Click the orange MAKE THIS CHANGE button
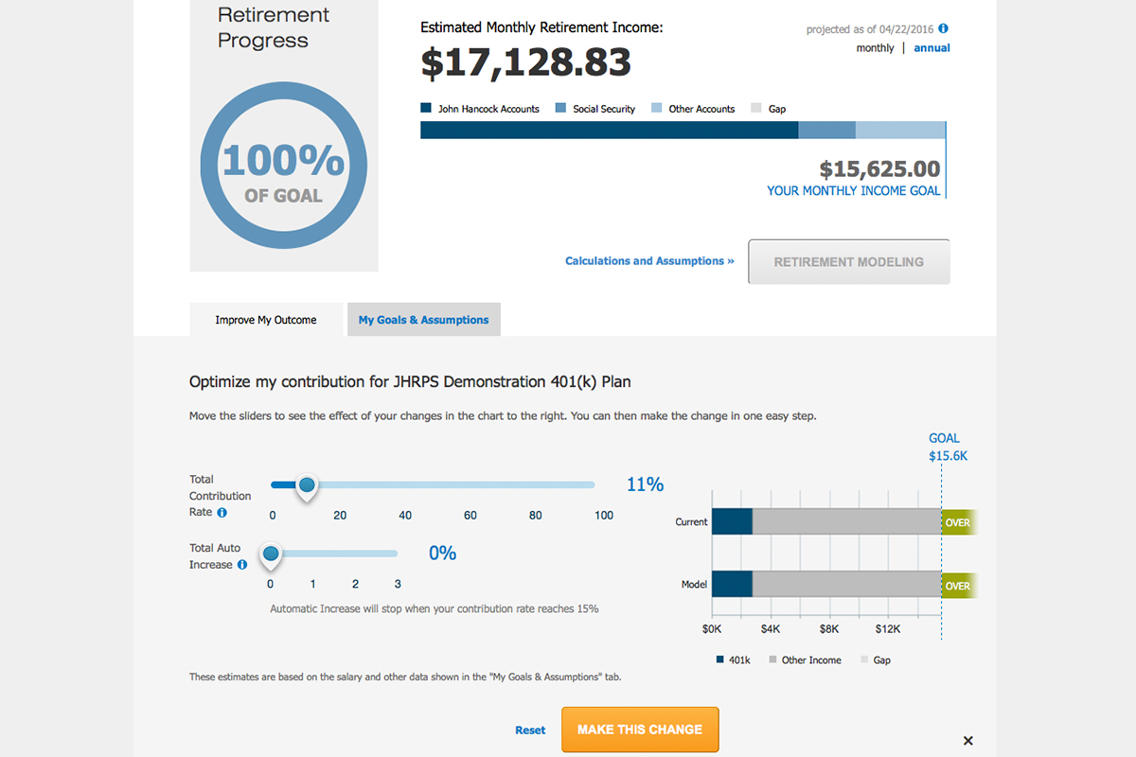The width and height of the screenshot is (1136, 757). (640, 730)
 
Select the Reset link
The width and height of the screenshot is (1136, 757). (530, 730)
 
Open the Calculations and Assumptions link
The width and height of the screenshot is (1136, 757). (649, 261)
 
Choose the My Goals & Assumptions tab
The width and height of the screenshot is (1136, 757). (423, 320)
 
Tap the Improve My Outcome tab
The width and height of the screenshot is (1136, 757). (266, 320)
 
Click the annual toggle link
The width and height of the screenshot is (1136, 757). (932, 48)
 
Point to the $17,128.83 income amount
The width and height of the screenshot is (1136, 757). (525, 62)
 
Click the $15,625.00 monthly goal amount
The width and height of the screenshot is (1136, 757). (879, 169)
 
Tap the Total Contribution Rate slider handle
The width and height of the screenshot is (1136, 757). (306, 485)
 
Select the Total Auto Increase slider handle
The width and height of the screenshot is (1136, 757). (271, 554)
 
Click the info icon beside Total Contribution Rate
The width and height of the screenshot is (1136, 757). (222, 513)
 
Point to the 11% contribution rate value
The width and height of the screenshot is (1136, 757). (645, 484)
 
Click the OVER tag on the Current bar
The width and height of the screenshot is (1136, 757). (957, 522)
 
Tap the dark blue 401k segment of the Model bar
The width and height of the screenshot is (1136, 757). (731, 585)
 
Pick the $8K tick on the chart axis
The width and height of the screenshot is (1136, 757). (829, 628)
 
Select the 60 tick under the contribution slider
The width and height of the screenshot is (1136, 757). (470, 516)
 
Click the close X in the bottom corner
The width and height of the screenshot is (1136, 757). (967, 741)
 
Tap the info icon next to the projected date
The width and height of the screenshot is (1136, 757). (943, 29)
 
